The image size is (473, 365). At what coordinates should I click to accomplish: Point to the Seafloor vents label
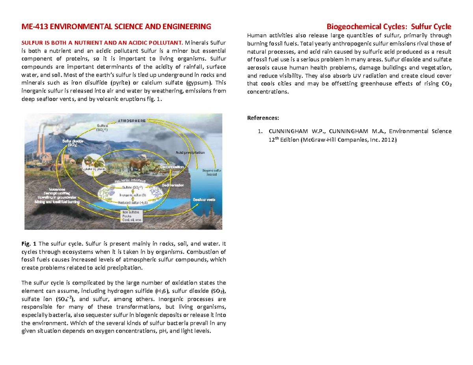pos(204,200)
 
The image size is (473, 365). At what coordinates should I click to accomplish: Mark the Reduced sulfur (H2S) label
pos(133,202)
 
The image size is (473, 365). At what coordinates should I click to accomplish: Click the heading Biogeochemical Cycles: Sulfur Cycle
pos(388,27)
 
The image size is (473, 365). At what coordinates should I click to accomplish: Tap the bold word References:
pos(263,118)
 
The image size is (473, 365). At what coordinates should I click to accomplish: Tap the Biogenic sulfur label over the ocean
pos(212,170)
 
